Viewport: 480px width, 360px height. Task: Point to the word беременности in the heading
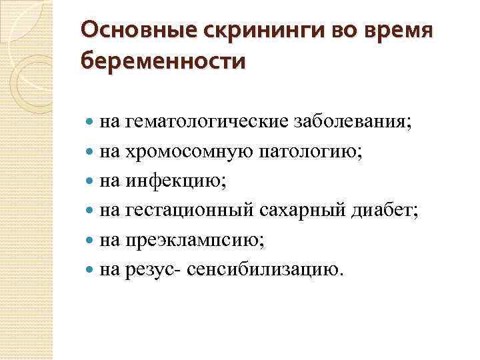[162, 61]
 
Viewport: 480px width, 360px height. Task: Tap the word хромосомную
[187, 152]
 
